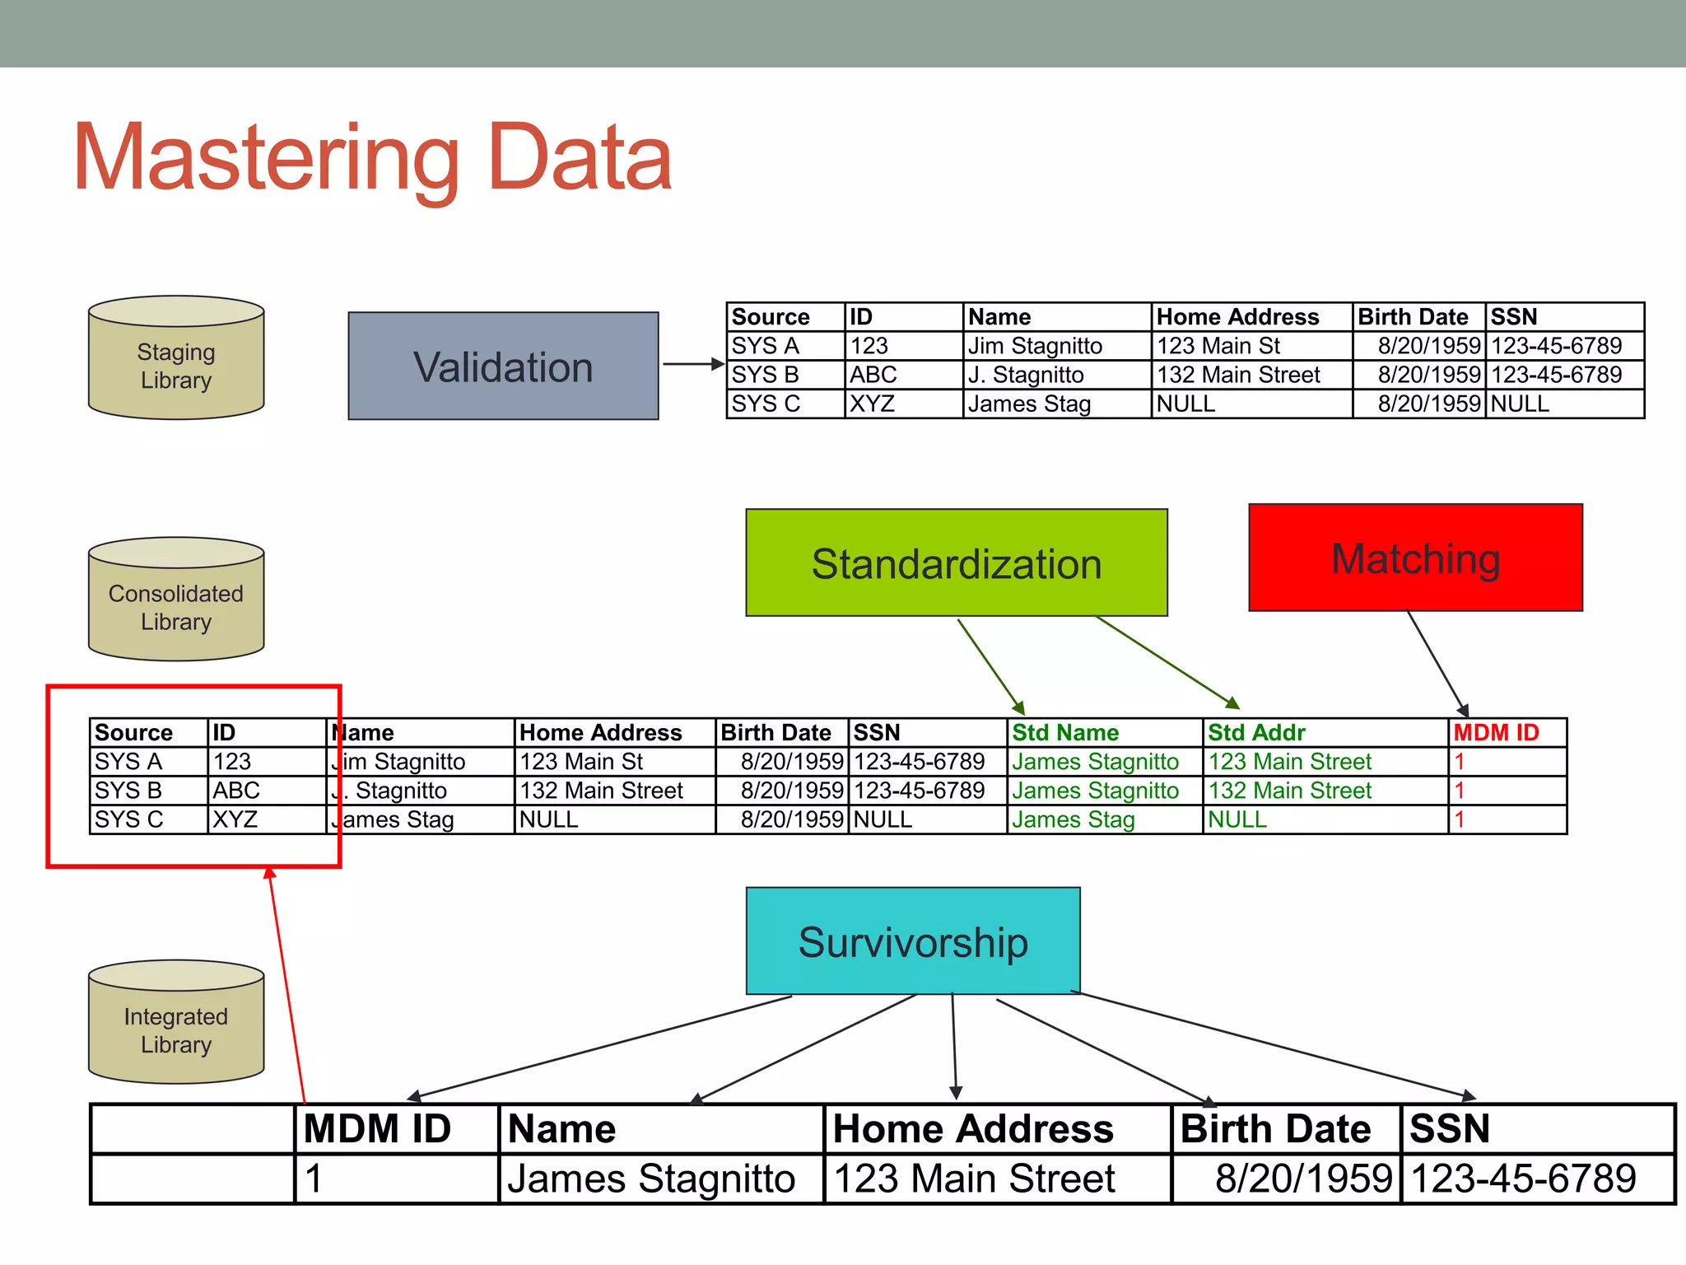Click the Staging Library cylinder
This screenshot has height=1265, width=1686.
176,359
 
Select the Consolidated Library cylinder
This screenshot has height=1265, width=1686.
176,600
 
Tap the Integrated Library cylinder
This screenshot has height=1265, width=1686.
176,1023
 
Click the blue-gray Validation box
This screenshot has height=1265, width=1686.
503,366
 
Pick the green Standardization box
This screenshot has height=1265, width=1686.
956,563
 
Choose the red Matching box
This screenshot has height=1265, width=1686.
1415,558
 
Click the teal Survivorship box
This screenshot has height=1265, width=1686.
913,941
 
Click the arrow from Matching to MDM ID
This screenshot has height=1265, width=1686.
1437,664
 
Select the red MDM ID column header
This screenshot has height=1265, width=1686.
1496,732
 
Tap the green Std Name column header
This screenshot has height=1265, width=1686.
1065,732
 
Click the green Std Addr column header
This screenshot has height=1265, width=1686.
1256,732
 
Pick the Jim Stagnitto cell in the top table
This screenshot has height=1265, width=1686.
1035,346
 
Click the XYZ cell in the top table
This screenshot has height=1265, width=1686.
872,404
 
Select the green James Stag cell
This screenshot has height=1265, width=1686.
1073,819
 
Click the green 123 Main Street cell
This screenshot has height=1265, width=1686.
1289,762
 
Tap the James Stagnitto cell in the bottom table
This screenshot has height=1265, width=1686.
651,1179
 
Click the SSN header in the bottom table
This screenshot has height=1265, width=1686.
1449,1128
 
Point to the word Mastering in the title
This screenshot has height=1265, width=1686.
266,158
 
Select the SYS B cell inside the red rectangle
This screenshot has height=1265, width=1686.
128,791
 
